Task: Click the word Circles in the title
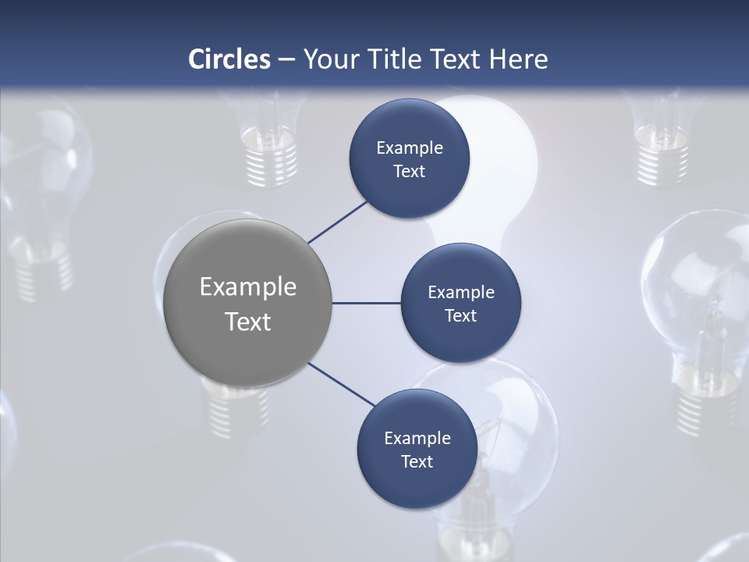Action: (229, 59)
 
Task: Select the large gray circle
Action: (248, 304)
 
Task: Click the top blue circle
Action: (409, 158)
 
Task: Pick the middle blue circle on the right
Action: (460, 303)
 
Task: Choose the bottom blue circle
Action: (417, 449)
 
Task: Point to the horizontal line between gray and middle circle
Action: (366, 303)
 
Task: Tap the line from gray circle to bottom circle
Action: (342, 384)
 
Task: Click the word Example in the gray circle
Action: (248, 287)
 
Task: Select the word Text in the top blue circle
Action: (409, 172)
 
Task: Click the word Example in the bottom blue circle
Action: (417, 438)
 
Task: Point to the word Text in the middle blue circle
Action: (460, 316)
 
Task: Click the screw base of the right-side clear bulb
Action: (706, 398)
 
